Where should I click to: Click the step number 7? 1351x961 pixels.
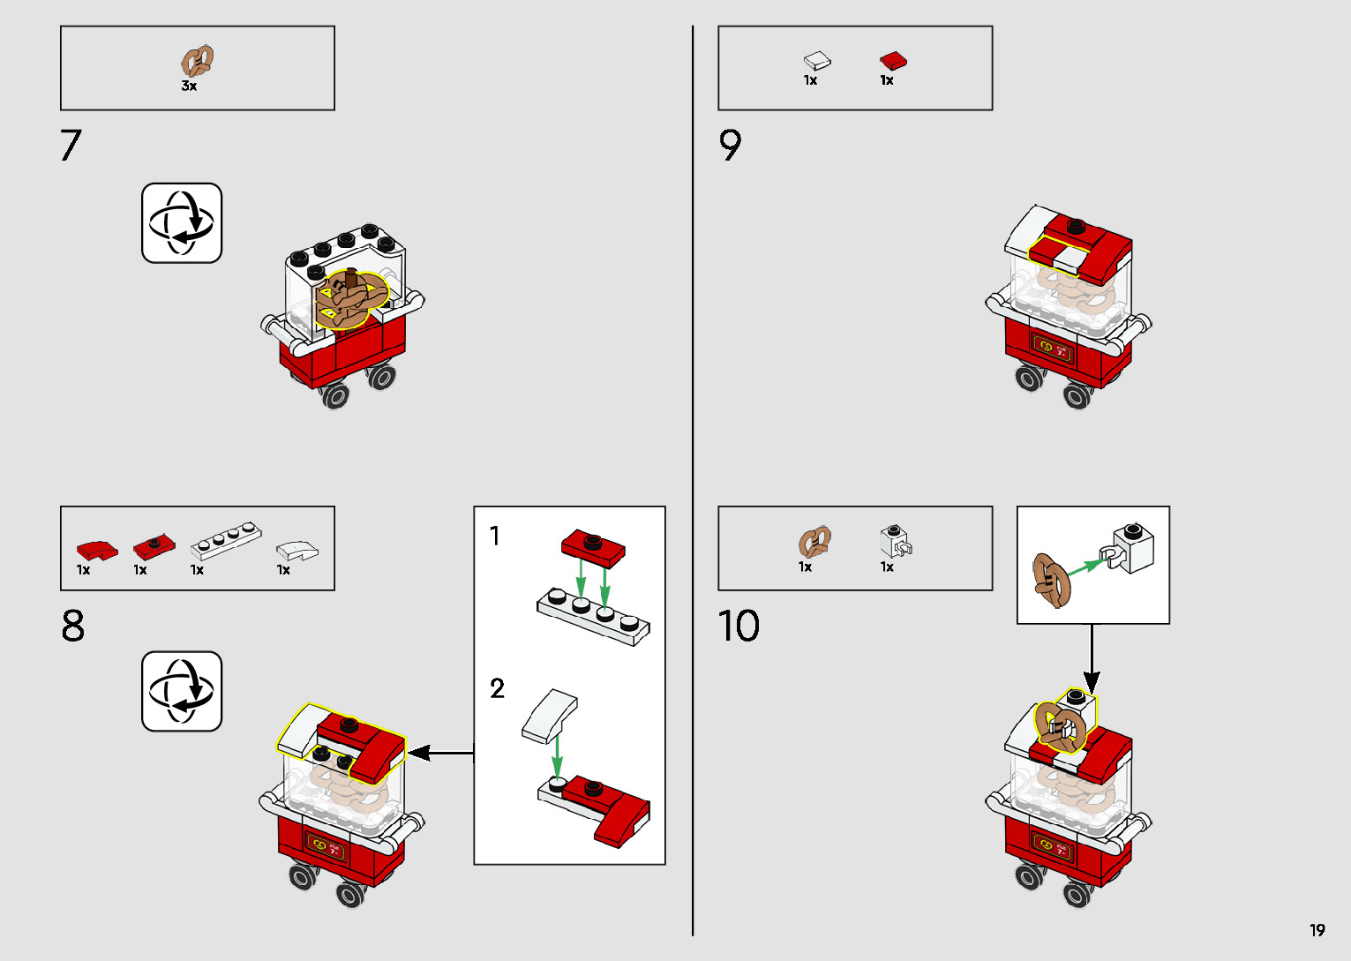tap(71, 145)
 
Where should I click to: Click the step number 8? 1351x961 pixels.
tap(73, 626)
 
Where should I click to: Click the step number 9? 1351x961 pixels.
tap(730, 145)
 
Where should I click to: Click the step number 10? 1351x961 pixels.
tap(739, 626)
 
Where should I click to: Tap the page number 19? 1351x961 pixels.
tap(1317, 929)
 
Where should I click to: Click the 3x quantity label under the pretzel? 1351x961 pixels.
tap(189, 86)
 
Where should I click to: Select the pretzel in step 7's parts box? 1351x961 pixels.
tap(198, 61)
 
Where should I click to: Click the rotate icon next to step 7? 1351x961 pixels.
tap(182, 222)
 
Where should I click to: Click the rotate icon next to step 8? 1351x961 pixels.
tap(182, 691)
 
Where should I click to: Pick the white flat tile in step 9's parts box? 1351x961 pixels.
tap(817, 60)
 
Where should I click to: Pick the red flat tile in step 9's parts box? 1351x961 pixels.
tap(893, 60)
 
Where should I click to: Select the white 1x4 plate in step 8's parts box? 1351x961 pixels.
tap(226, 541)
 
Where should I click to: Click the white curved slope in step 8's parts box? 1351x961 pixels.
tap(297, 550)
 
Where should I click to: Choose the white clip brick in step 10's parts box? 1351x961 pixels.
tap(896, 541)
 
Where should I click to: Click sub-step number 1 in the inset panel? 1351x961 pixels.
tap(494, 536)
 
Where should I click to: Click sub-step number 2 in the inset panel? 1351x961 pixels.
tap(497, 688)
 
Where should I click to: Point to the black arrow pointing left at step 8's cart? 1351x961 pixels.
tap(441, 753)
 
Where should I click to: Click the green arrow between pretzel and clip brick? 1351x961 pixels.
tap(1087, 567)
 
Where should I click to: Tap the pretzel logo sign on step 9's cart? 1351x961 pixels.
tap(1052, 348)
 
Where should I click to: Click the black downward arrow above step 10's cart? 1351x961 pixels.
tap(1092, 659)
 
